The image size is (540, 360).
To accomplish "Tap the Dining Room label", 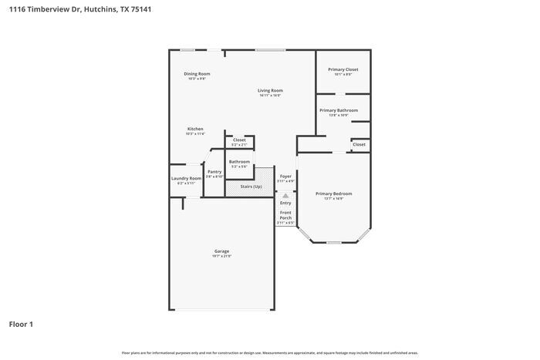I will (x=197, y=74).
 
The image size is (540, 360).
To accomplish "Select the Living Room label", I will (x=270, y=90).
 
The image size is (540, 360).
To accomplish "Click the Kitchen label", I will (x=195, y=129).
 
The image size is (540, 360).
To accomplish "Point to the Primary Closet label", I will (x=343, y=69).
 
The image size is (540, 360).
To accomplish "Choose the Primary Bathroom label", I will (x=339, y=110).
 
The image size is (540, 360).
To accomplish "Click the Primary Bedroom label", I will (x=334, y=193).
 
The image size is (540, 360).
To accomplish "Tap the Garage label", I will (x=222, y=251).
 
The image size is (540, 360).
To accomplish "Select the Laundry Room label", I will (x=186, y=178).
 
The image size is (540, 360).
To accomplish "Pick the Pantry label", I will (x=214, y=171).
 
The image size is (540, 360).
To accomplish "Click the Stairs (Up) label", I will (x=251, y=187).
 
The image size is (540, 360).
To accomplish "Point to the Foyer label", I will (x=285, y=176).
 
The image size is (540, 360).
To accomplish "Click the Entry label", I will (x=285, y=203).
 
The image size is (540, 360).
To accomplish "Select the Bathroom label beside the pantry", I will (x=239, y=161).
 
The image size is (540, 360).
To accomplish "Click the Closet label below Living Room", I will (x=239, y=140).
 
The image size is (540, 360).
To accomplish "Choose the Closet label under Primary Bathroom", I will (x=359, y=144).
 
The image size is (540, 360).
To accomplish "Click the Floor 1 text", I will (x=21, y=324).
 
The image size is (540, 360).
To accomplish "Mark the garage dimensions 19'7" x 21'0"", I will (x=222, y=256).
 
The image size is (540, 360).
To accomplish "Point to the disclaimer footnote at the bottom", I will (x=269, y=352).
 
